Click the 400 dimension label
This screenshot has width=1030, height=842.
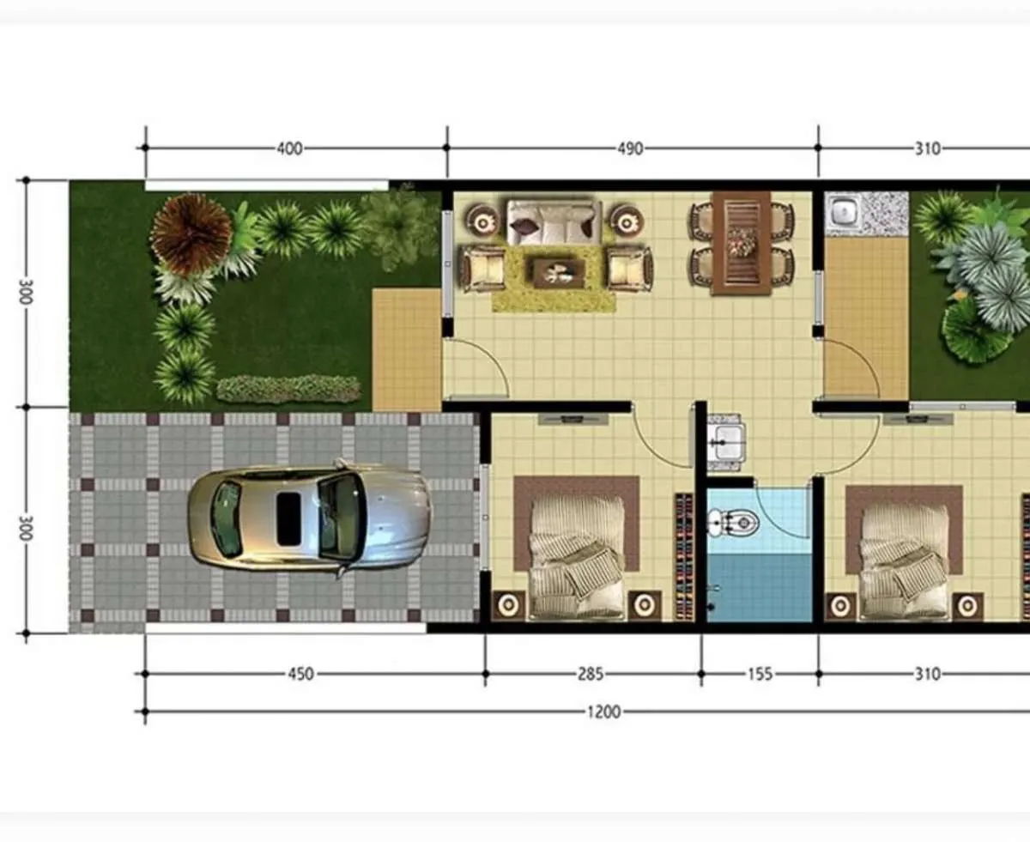click(290, 148)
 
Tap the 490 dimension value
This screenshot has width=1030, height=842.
click(630, 148)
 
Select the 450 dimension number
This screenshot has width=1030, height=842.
click(300, 674)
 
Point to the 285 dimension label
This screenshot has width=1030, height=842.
click(588, 674)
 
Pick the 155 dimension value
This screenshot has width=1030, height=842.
click(760, 674)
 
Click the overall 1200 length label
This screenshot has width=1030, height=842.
click(604, 712)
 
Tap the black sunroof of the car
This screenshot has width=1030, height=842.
click(288, 518)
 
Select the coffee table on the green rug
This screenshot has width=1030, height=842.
click(559, 273)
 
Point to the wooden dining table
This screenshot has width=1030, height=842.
click(741, 242)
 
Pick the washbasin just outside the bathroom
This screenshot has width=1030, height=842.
click(726, 441)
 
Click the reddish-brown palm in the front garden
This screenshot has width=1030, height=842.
click(191, 234)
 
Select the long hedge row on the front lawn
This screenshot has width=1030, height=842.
click(288, 389)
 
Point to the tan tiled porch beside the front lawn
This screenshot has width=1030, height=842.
click(406, 349)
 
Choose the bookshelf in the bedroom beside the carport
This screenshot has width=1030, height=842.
click(684, 556)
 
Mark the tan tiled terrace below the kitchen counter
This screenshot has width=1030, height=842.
click(865, 318)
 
